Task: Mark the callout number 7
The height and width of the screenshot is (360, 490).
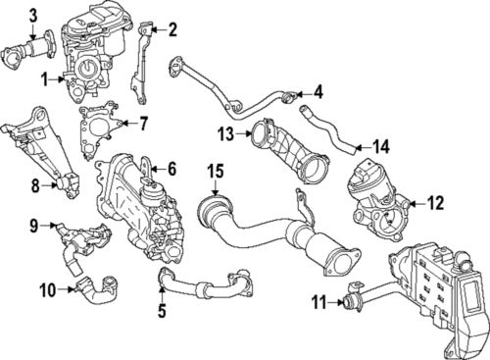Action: point(143,125)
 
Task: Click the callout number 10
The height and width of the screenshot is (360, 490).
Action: point(48,288)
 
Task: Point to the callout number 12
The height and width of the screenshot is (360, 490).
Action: point(436,203)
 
